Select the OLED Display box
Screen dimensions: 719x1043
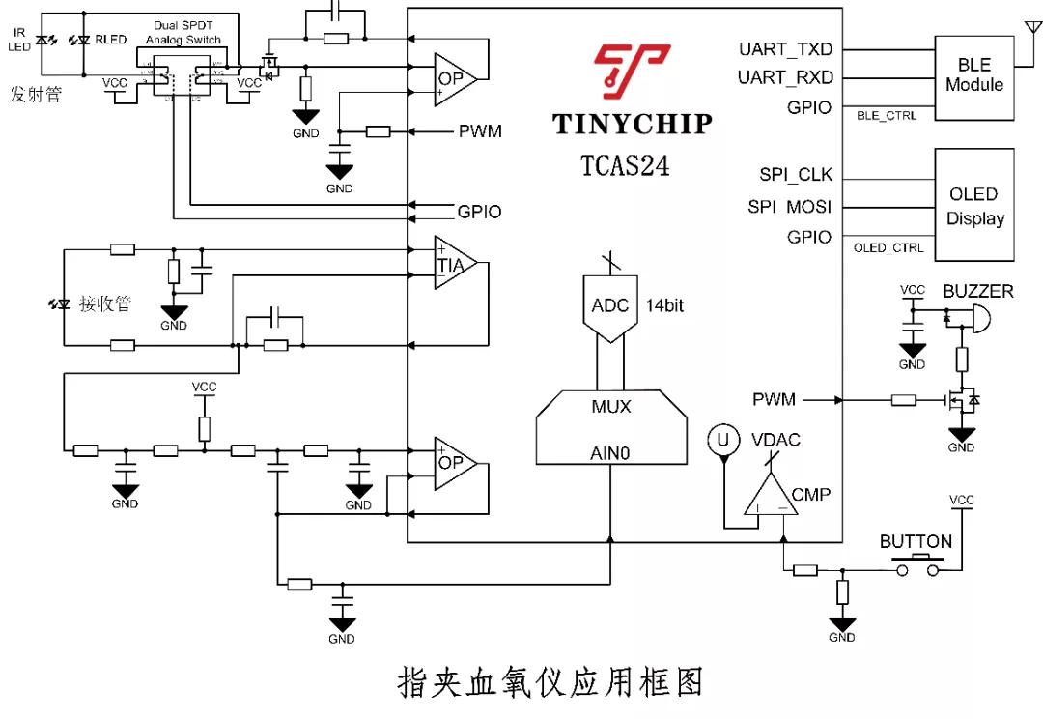click(973, 204)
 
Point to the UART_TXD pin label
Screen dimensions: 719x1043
click(785, 49)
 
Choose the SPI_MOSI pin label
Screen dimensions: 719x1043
click(789, 206)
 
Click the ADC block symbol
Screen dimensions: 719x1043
click(610, 306)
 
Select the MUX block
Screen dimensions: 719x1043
click(611, 406)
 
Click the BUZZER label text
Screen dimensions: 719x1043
click(978, 291)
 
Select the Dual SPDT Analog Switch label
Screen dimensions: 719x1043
click(183, 32)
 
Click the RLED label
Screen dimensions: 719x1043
click(110, 40)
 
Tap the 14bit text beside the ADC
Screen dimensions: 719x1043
click(664, 305)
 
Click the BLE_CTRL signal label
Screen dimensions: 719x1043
click(887, 115)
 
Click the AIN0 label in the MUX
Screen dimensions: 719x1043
click(610, 451)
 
